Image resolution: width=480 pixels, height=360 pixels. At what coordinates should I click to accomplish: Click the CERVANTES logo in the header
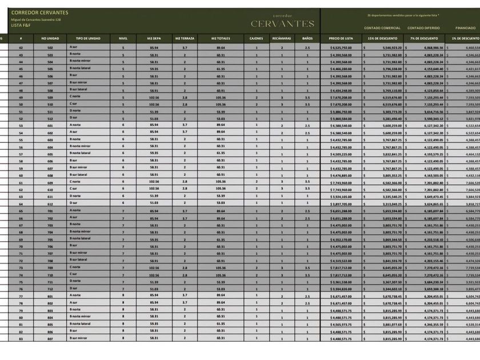click(282, 23)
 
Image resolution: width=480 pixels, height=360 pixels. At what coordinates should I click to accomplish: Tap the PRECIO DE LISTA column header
click(341, 38)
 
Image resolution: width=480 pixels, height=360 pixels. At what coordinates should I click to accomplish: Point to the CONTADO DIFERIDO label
click(423, 27)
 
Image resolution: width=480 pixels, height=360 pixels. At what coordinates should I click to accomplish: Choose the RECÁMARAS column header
click(282, 38)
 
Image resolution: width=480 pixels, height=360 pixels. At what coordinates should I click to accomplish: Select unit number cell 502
click(50, 47)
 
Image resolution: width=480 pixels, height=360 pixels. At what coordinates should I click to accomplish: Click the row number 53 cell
click(21, 126)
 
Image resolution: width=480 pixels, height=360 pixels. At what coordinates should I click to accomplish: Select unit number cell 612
click(50, 203)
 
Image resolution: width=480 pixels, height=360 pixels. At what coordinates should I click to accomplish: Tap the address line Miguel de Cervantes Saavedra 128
click(36, 19)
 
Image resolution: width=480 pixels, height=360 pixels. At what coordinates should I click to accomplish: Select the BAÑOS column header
click(307, 38)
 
